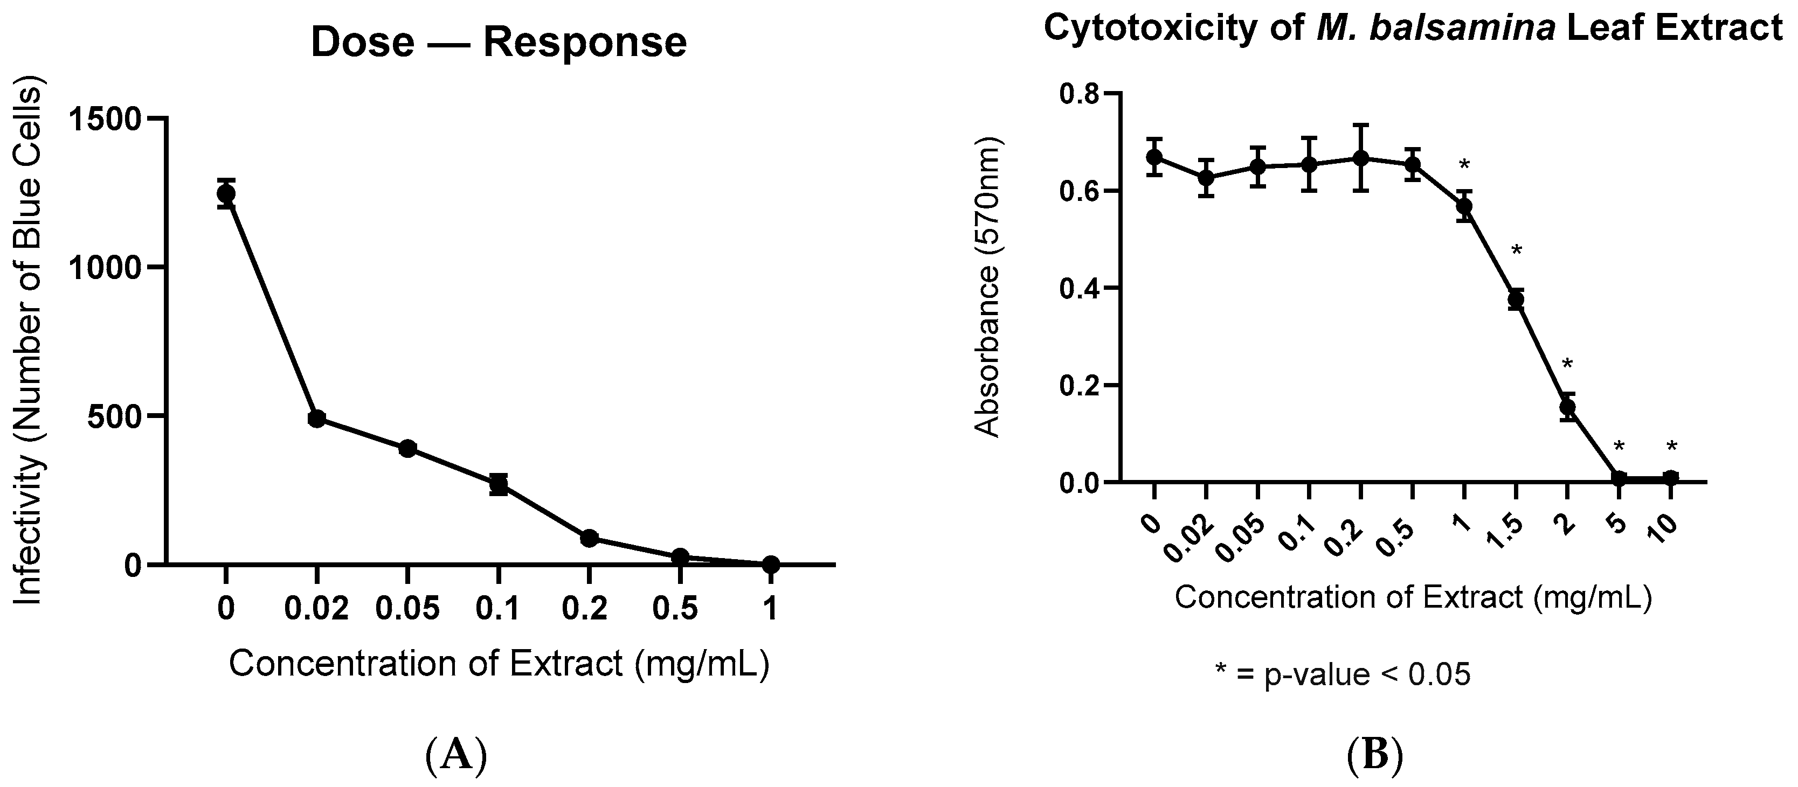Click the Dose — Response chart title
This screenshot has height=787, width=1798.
pyautogui.click(x=499, y=43)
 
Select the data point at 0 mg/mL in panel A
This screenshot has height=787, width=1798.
pyautogui.click(x=225, y=193)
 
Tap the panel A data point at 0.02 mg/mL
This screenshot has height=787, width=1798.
pyautogui.click(x=316, y=419)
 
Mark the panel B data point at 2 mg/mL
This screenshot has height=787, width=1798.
pyautogui.click(x=1567, y=406)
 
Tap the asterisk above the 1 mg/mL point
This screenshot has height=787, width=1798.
pyautogui.click(x=1464, y=165)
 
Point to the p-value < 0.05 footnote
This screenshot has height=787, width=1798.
pyautogui.click(x=1343, y=674)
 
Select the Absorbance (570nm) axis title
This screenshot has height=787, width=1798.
pyautogui.click(x=986, y=288)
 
